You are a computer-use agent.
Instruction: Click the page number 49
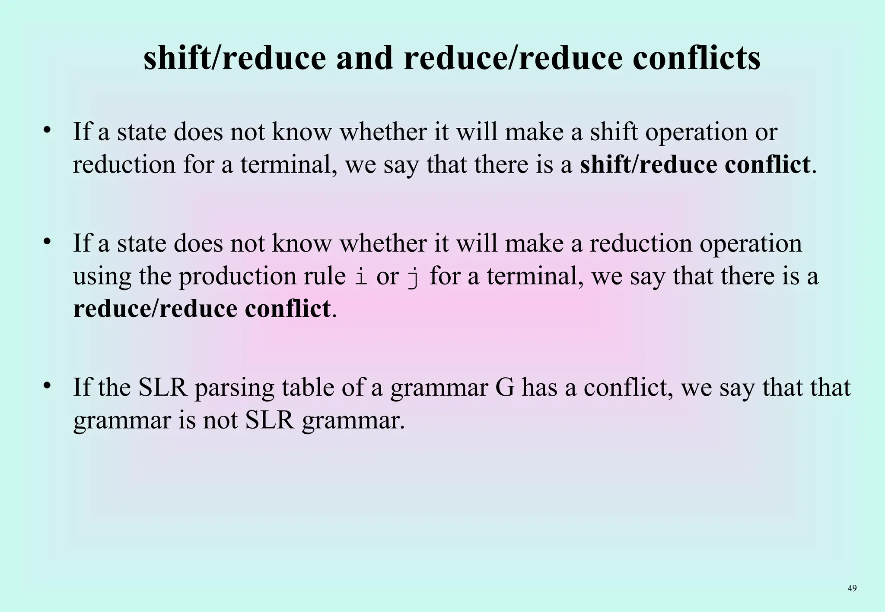coord(852,588)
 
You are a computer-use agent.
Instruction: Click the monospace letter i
coord(361,277)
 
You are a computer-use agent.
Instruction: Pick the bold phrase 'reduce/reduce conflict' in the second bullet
coord(202,309)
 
